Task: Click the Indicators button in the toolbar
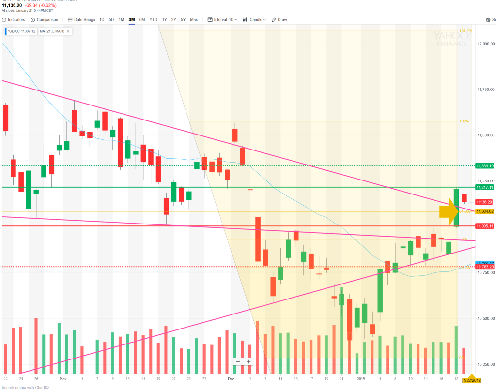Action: pyautogui.click(x=14, y=20)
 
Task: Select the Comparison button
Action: pyautogui.click(x=45, y=20)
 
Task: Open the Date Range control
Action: pyautogui.click(x=82, y=20)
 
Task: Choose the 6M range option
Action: pyautogui.click(x=142, y=20)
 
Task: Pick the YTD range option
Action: pyautogui.click(x=153, y=20)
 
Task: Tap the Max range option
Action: pyautogui.click(x=194, y=20)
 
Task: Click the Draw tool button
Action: pyautogui.click(x=279, y=20)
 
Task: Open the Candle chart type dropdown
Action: pyautogui.click(x=254, y=20)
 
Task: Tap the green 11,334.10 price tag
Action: pyautogui.click(x=485, y=165)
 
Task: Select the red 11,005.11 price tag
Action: pyautogui.click(x=485, y=226)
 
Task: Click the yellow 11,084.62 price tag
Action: pyautogui.click(x=485, y=211)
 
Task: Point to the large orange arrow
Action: pyautogui.click(x=449, y=211)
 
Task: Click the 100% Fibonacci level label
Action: pyautogui.click(x=464, y=121)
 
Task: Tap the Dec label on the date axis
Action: pyautogui.click(x=231, y=379)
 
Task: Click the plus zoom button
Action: pyautogui.click(x=248, y=361)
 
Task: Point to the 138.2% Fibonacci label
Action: pyautogui.click(x=465, y=30)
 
